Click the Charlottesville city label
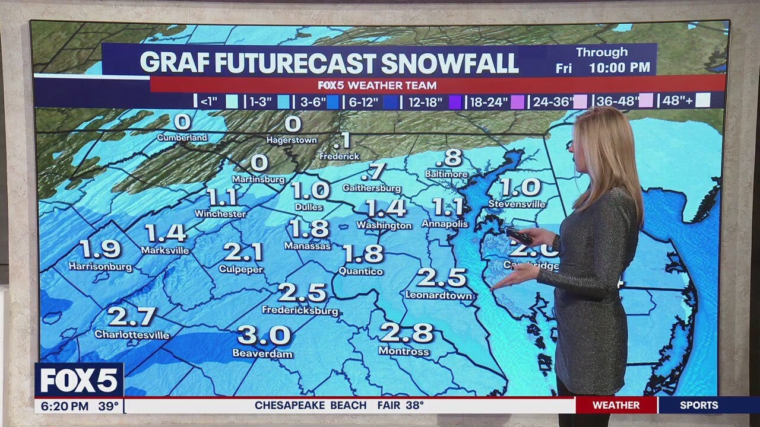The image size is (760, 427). click(x=132, y=335)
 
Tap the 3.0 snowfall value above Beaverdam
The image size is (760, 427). click(x=264, y=336)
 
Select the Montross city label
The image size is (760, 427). click(x=404, y=352)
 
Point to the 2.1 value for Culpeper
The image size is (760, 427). click(x=243, y=252)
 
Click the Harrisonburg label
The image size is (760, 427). click(x=100, y=267)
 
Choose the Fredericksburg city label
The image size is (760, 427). click(x=300, y=311)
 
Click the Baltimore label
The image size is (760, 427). click(x=446, y=174)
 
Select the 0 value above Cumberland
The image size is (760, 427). click(x=182, y=122)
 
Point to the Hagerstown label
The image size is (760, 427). click(x=292, y=141)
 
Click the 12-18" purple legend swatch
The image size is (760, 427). click(x=455, y=102)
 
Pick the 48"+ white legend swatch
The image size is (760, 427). click(x=702, y=101)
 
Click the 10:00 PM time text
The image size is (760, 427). click(x=619, y=68)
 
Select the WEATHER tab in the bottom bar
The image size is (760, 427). click(x=616, y=406)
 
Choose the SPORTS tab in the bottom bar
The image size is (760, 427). click(x=699, y=406)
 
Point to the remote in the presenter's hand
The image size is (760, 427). click(x=519, y=235)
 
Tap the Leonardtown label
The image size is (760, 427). click(x=439, y=295)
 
